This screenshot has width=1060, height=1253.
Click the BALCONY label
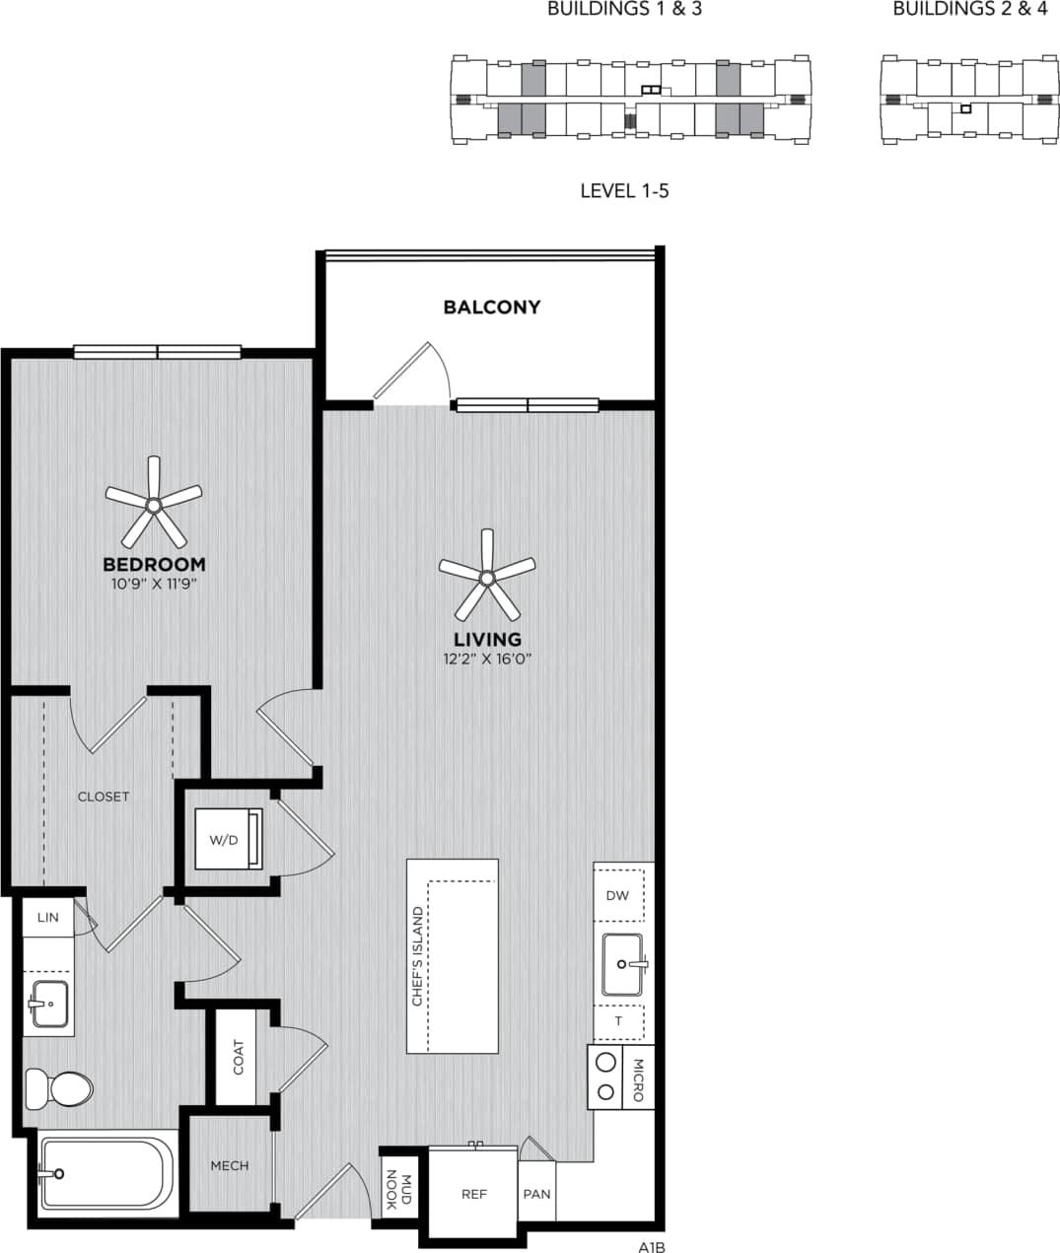click(491, 307)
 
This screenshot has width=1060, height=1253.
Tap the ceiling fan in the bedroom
click(153, 504)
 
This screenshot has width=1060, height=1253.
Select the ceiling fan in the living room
click(486, 576)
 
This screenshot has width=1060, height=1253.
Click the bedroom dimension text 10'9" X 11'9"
click(154, 584)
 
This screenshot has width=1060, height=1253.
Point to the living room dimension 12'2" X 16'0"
click(487, 659)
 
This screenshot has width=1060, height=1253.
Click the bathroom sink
click(48, 1004)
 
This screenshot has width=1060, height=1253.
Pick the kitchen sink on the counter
click(622, 963)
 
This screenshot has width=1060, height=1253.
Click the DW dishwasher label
click(617, 895)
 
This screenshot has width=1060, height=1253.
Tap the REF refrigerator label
click(474, 1194)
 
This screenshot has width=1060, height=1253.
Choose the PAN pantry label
click(536, 1194)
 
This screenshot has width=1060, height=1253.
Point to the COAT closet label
click(238, 1057)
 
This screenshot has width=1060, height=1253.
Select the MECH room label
click(230, 1165)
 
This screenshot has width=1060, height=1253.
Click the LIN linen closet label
click(47, 917)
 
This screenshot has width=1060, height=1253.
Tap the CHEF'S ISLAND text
click(417, 956)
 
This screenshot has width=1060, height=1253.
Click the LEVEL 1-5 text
click(624, 190)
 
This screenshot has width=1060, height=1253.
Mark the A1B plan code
click(652, 1246)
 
